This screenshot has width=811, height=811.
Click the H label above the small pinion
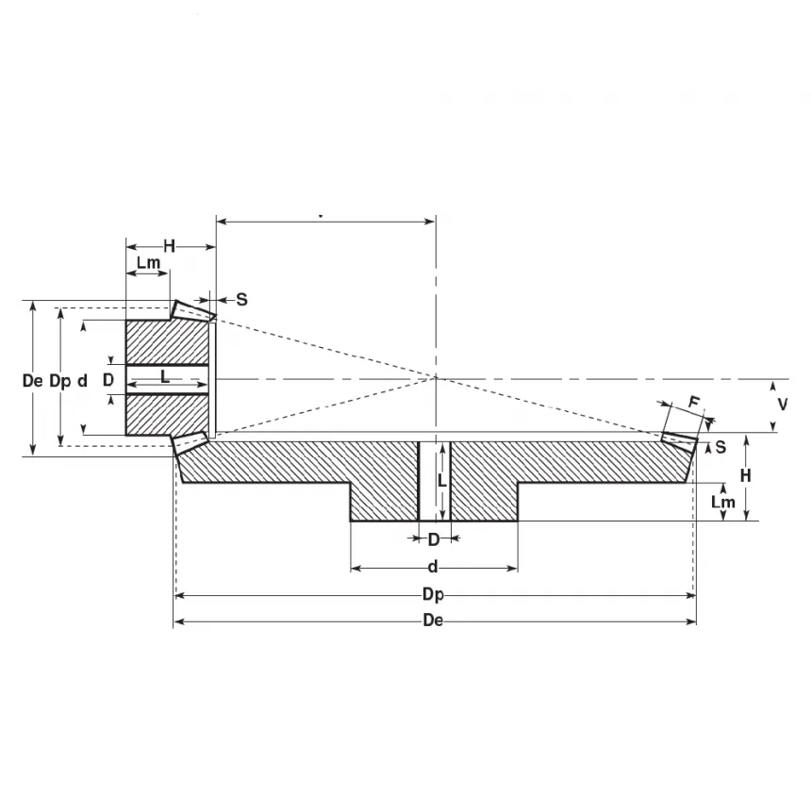[170, 246]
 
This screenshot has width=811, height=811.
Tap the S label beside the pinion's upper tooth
[241, 299]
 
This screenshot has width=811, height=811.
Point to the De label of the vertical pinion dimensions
[32, 381]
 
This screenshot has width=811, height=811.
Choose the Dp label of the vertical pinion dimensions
[59, 381]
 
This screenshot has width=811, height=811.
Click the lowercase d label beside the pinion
[83, 381]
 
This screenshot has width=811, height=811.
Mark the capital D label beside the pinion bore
[108, 379]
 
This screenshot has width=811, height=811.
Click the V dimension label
[782, 404]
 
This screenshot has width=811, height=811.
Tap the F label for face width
[695, 403]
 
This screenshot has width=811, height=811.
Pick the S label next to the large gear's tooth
[720, 446]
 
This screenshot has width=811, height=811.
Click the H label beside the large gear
[745, 476]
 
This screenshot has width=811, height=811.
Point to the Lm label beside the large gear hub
[722, 503]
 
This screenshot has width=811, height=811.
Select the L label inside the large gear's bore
[441, 479]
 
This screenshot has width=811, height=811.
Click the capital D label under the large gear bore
[434, 540]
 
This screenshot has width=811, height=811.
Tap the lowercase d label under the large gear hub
[433, 567]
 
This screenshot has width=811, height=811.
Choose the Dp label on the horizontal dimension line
[433, 594]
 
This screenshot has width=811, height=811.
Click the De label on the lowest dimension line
[434, 621]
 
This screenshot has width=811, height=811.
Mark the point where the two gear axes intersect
[436, 378]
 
